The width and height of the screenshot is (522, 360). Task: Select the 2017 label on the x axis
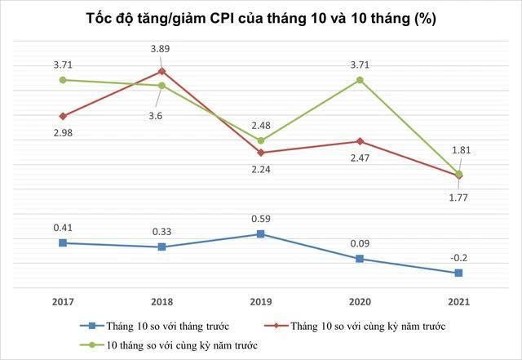(x=63, y=301)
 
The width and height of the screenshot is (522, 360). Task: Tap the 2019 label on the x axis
(x=260, y=301)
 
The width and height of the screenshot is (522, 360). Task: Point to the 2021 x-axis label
(x=458, y=301)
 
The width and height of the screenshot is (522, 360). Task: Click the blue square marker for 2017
(x=63, y=242)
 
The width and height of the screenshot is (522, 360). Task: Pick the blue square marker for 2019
(x=260, y=234)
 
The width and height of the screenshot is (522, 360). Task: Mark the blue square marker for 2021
(x=458, y=273)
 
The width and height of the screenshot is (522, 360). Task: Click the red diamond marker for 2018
(x=162, y=71)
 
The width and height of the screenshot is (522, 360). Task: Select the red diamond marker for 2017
(x=63, y=116)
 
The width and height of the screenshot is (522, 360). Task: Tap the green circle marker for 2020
(x=360, y=80)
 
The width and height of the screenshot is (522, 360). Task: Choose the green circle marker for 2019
(x=260, y=140)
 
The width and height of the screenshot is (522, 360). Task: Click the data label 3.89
(x=161, y=50)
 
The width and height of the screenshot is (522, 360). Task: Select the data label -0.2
(x=458, y=257)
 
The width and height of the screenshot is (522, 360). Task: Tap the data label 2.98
(x=62, y=133)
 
